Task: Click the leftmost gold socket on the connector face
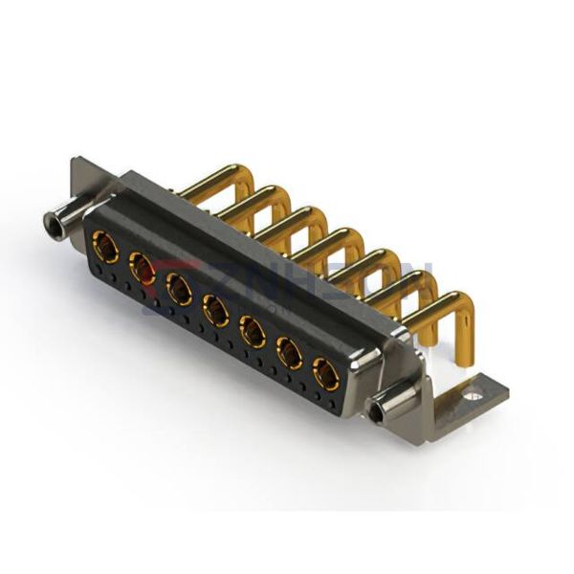click(106, 251)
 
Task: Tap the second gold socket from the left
click(142, 268)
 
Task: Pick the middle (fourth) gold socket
click(215, 309)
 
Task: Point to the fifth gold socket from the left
click(252, 331)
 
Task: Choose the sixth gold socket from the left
click(289, 353)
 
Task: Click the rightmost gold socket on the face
click(326, 374)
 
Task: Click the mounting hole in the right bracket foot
click(473, 391)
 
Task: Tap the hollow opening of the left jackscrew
click(52, 228)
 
